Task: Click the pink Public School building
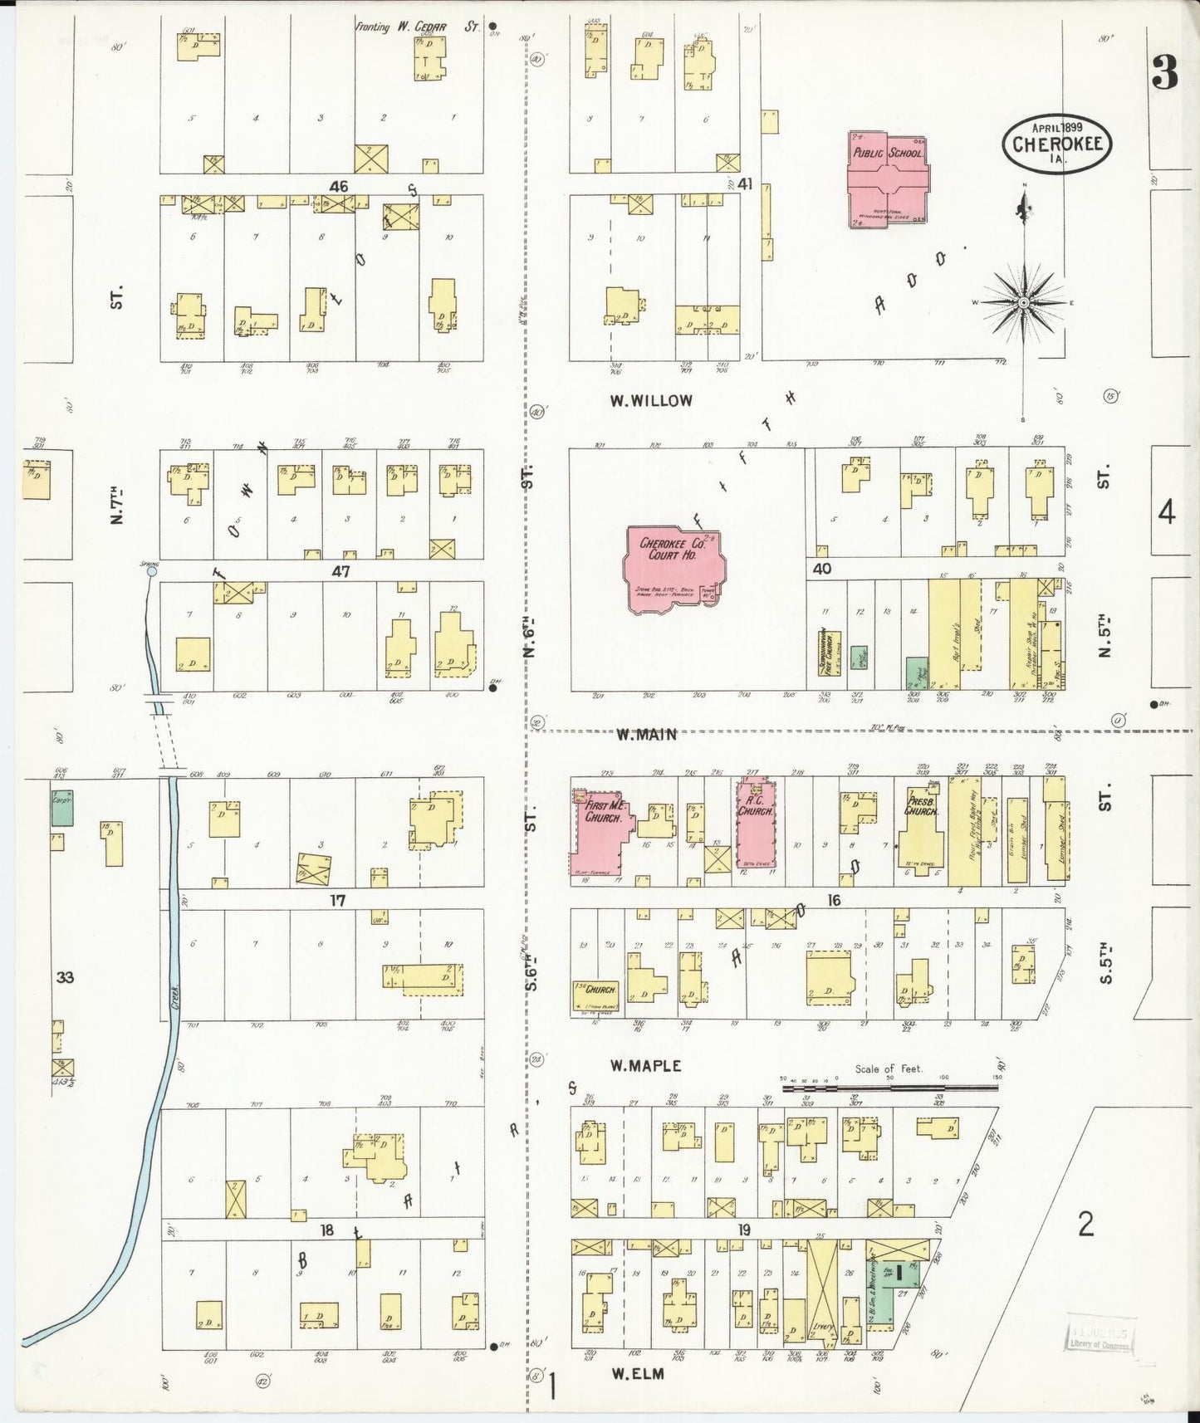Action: click(887, 178)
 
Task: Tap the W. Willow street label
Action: click(651, 401)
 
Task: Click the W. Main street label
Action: click(647, 734)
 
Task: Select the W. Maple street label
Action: click(645, 1065)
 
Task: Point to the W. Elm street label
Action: click(638, 1374)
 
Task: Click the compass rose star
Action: click(1024, 303)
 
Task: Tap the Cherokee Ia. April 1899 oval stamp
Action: click(1056, 144)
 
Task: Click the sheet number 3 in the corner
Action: click(1164, 75)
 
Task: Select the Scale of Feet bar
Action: click(889, 1086)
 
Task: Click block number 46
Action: click(338, 187)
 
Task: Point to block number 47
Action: click(340, 571)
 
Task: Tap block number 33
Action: click(65, 977)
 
